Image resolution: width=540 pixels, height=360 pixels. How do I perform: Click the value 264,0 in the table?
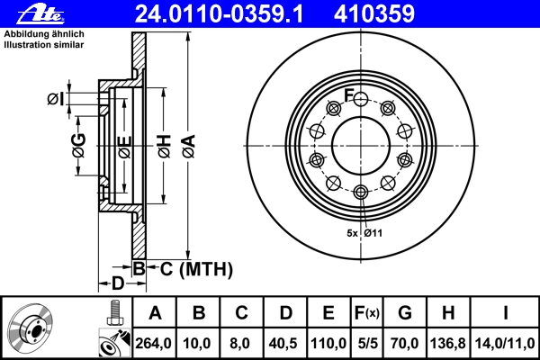[x=155, y=341]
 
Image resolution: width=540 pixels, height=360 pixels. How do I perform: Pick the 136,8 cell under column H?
[x=449, y=341]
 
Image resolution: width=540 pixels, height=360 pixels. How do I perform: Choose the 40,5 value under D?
[x=286, y=341]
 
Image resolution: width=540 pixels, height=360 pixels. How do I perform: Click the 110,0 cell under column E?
[x=329, y=341]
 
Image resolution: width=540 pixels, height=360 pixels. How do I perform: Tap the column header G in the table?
[x=405, y=314]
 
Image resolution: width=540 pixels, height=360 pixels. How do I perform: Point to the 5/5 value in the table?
[x=366, y=341]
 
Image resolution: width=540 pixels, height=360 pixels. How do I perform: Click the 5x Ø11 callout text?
[x=365, y=233]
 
